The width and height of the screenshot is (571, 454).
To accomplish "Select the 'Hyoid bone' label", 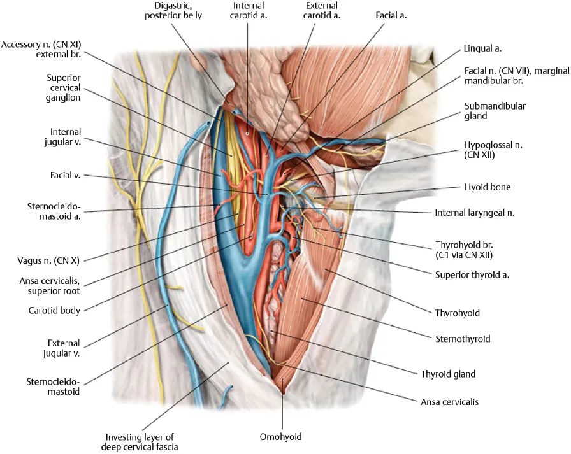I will [x=488, y=188].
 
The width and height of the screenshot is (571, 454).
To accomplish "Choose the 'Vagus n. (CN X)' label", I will [x=47, y=260].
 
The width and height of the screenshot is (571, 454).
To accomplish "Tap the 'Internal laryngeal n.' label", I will [x=474, y=213].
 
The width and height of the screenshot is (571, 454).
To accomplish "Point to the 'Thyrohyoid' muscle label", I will [x=458, y=313].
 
